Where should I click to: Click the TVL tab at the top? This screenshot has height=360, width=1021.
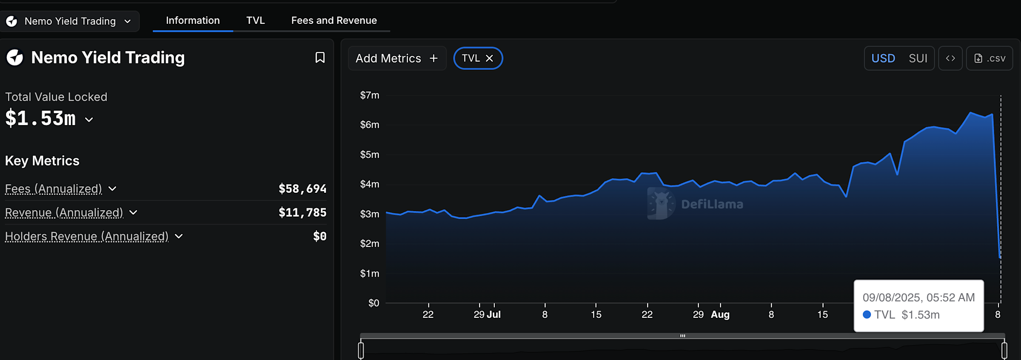(x=255, y=20)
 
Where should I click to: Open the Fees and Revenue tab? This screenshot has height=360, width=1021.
(x=334, y=20)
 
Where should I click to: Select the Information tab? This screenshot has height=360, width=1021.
(x=193, y=20)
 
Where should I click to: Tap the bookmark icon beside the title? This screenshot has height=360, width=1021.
(x=320, y=57)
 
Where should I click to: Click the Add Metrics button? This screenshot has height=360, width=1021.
(x=396, y=58)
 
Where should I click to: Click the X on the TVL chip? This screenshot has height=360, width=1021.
(x=490, y=58)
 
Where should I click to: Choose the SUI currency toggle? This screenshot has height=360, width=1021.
(x=918, y=58)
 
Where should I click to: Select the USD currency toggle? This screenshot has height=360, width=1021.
(x=883, y=58)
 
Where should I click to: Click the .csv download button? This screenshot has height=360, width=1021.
(x=990, y=58)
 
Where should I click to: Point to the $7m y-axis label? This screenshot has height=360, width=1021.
(x=369, y=95)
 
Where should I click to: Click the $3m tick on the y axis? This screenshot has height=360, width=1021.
(x=369, y=214)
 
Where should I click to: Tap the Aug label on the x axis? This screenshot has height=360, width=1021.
(x=720, y=314)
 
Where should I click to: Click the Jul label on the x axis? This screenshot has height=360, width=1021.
(x=493, y=314)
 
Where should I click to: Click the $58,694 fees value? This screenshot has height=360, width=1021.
(x=302, y=189)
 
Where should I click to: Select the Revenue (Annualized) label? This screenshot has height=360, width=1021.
(x=64, y=212)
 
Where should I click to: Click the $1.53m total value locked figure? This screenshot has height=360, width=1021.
(x=40, y=118)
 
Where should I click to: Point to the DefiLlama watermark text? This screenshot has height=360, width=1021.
(x=712, y=204)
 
